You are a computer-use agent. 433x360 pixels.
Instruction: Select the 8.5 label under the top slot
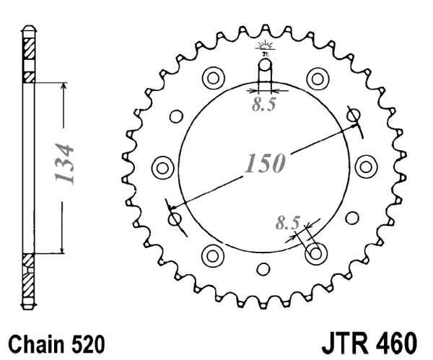263,105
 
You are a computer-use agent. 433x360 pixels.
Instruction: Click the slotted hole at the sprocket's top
265,72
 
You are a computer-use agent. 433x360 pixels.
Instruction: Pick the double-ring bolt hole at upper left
214,77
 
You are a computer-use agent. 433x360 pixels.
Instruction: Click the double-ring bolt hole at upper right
315,77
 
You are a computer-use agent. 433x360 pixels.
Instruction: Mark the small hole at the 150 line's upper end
354,115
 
